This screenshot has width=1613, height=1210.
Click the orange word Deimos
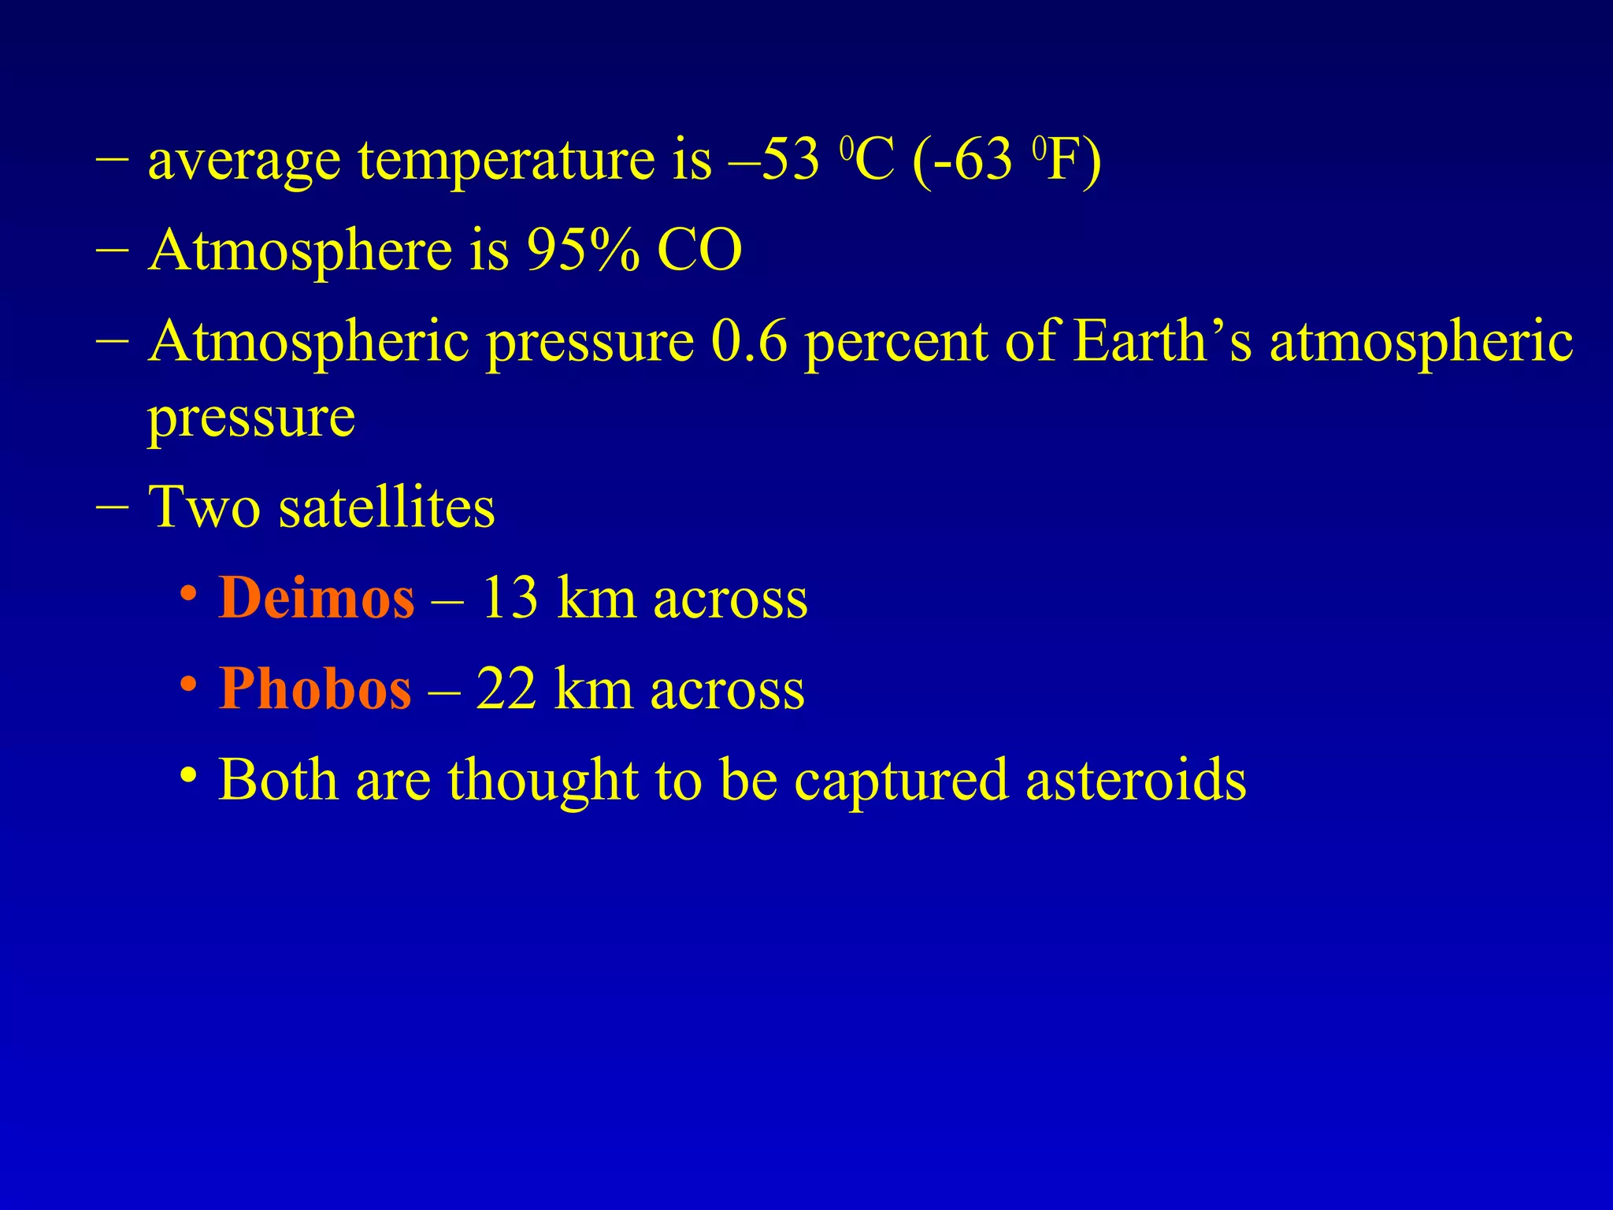coord(316,598)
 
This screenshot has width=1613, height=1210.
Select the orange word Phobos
coord(314,689)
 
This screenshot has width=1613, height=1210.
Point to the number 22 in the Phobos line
coord(506,689)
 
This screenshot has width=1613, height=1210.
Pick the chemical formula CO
coord(699,251)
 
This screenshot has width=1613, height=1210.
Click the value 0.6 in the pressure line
coord(748,342)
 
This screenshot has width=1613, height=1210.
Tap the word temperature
coord(506,161)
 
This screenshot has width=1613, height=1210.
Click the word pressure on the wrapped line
coord(251,418)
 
